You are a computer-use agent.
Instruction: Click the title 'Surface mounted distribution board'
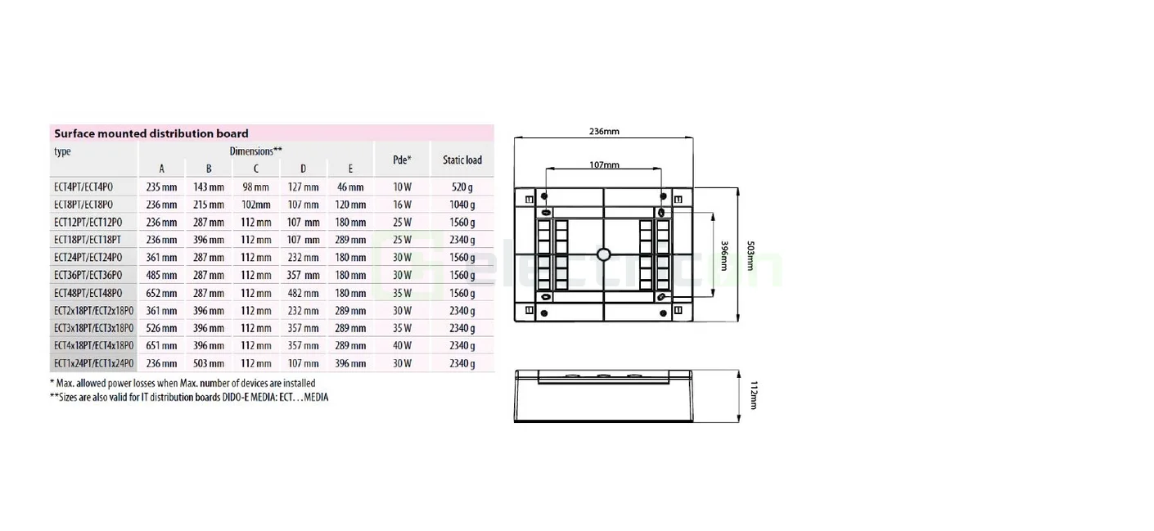click(151, 133)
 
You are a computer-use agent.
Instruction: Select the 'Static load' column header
click(462, 160)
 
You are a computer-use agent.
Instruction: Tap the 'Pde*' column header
click(403, 160)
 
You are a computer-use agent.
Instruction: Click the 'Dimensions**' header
click(256, 151)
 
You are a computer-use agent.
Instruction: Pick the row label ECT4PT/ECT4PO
click(83, 187)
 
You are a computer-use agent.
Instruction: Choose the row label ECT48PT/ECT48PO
click(88, 293)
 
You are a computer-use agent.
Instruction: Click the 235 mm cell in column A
click(161, 187)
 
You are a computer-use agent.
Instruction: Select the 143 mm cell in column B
click(209, 187)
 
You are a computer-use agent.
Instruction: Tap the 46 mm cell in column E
click(350, 187)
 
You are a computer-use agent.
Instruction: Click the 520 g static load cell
click(462, 187)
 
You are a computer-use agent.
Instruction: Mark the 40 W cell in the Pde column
click(403, 346)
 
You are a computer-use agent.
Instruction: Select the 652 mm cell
click(161, 293)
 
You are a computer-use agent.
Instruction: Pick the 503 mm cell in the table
click(209, 363)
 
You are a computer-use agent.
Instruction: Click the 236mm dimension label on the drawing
click(604, 131)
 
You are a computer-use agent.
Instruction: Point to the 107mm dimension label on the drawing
click(604, 164)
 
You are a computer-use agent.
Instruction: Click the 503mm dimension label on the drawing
click(751, 254)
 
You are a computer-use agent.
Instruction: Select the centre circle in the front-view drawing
click(604, 254)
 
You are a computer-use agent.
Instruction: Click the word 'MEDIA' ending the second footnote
click(316, 398)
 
